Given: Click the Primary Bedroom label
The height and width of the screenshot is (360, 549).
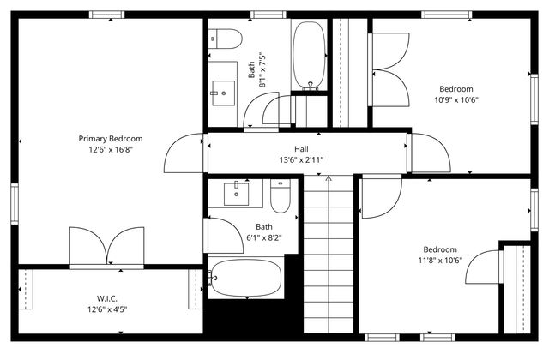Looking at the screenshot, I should point(111,139).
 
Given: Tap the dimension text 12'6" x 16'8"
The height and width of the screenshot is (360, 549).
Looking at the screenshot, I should point(111,149).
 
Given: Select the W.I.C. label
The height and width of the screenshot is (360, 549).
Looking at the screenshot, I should point(107,299).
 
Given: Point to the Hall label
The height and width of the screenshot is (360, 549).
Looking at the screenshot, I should point(301,148).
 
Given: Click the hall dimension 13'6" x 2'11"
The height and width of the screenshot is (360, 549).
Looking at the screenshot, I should point(301,159).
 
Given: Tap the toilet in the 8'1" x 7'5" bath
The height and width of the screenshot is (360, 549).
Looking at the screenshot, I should point(226,39).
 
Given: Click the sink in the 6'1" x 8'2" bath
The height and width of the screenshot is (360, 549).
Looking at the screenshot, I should point(237,194).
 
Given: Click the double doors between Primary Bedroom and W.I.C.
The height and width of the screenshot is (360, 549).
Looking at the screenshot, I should point(107,249).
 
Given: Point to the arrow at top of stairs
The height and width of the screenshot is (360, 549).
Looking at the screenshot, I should point(328,179).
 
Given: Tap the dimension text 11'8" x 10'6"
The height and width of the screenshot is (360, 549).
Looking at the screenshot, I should point(441,261).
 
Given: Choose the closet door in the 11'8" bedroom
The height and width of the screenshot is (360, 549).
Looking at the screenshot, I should point(485,267).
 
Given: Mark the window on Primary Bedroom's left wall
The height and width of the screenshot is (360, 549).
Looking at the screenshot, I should point(14,204).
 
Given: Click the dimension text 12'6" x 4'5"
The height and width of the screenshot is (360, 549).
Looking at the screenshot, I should point(107,309).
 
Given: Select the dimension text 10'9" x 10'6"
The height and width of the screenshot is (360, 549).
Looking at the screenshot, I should point(455,99).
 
